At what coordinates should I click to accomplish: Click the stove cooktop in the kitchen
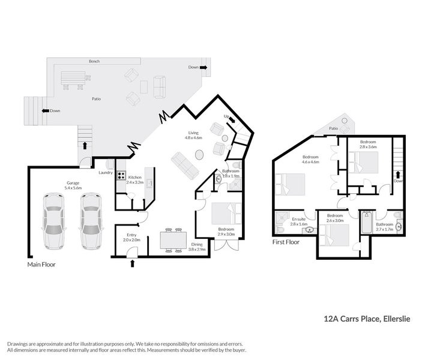click(121, 176)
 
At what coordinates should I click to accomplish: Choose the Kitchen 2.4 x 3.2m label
click(135, 179)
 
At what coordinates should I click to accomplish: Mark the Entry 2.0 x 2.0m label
click(132, 237)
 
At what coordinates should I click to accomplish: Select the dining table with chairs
click(171, 239)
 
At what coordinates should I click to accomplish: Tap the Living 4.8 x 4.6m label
click(193, 136)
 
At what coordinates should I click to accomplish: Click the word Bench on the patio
click(94, 62)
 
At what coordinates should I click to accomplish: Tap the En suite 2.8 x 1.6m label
click(298, 221)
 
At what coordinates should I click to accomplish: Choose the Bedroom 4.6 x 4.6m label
click(311, 159)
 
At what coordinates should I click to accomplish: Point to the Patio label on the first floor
click(334, 128)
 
